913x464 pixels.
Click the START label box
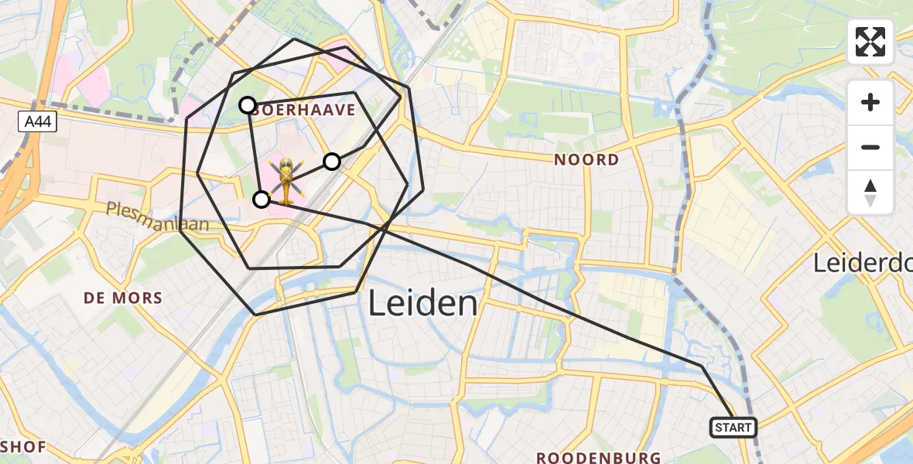click(733, 427)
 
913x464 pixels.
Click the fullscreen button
click(870, 42)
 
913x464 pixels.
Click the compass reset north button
click(870, 193)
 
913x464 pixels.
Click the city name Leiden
click(422, 303)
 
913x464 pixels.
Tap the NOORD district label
click(586, 160)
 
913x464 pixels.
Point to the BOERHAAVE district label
click(303, 110)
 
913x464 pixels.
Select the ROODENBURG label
click(600, 457)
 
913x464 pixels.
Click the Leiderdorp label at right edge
click(862, 264)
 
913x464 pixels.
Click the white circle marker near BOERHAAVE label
click(247, 105)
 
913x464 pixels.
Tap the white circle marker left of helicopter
click(262, 200)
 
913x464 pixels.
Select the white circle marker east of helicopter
click(331, 161)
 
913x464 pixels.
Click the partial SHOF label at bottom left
click(23, 446)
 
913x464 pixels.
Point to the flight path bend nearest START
click(701, 365)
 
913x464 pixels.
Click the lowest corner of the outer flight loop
click(255, 315)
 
